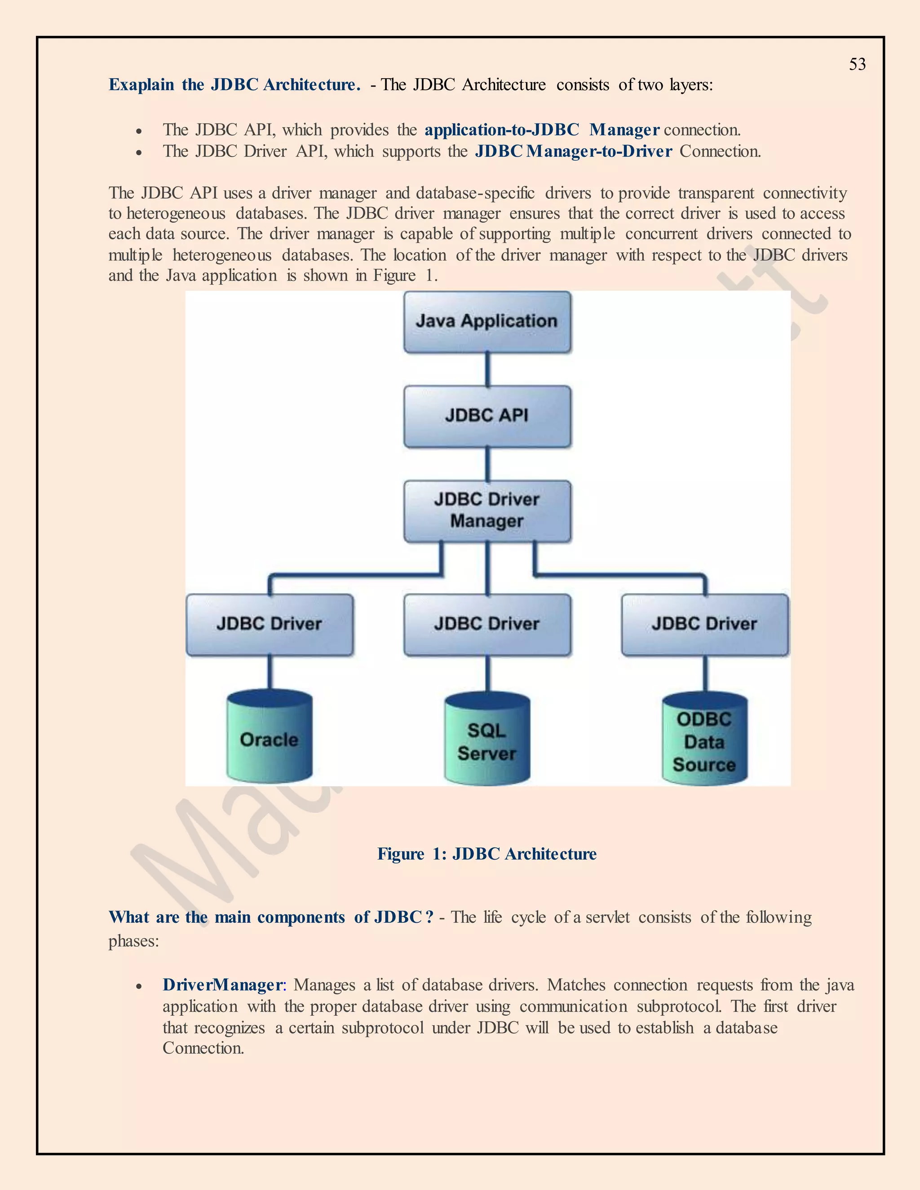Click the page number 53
[857, 64]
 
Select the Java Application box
[487, 322]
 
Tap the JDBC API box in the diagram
[487, 416]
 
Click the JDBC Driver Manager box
[487, 511]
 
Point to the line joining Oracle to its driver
[269, 673]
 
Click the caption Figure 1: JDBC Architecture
[487, 854]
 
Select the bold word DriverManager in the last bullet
[222, 985]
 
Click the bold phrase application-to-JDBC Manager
[542, 130]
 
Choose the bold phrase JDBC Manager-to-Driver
[573, 151]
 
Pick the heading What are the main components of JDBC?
[271, 917]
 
